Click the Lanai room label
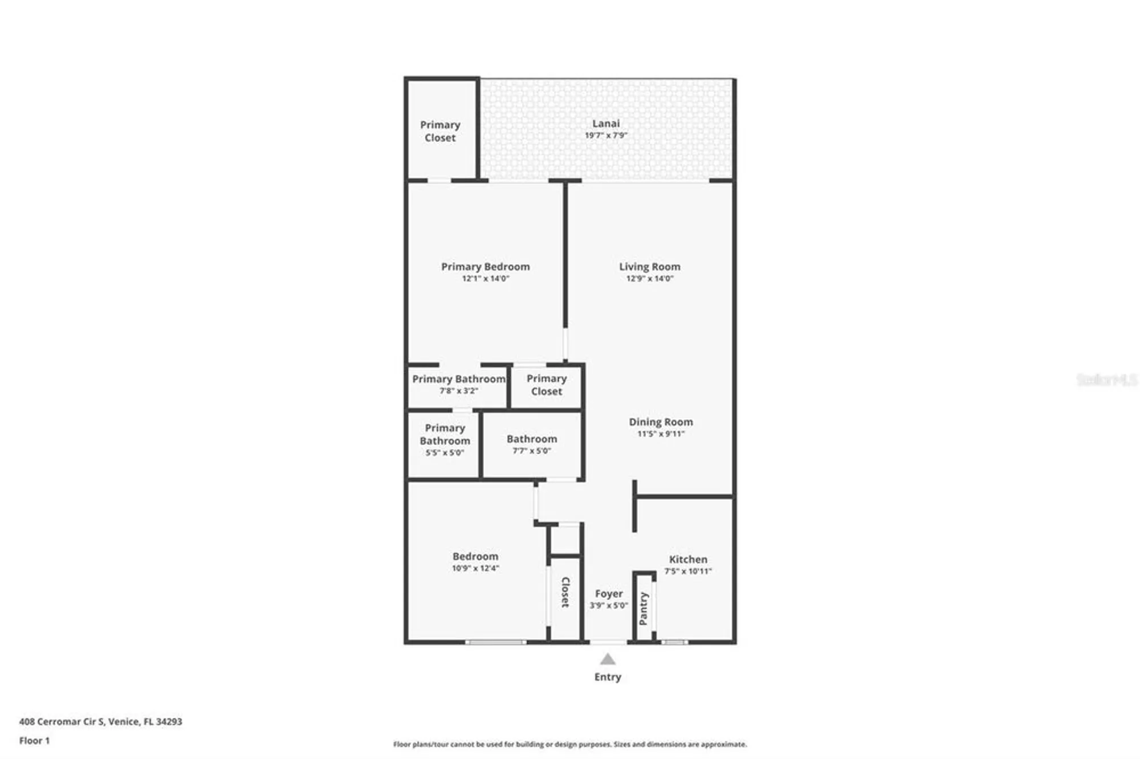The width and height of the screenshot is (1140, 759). pyautogui.click(x=606, y=123)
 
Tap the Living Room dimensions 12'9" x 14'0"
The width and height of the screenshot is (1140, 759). pyautogui.click(x=650, y=279)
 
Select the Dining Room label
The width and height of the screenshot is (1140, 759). pyautogui.click(x=661, y=422)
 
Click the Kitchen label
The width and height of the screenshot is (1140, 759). pyautogui.click(x=688, y=559)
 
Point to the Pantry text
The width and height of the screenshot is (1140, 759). pyautogui.click(x=644, y=609)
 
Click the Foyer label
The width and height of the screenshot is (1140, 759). pyautogui.click(x=609, y=593)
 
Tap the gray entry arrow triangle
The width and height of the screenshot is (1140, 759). pyautogui.click(x=608, y=660)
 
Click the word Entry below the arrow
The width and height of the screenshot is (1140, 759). pyautogui.click(x=608, y=677)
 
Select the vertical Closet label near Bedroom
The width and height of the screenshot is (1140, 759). pyautogui.click(x=565, y=593)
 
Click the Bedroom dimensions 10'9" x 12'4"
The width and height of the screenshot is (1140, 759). pyautogui.click(x=475, y=568)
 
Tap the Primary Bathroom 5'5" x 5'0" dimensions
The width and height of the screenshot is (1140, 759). pyautogui.click(x=445, y=453)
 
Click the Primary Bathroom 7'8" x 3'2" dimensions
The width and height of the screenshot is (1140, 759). pyautogui.click(x=458, y=391)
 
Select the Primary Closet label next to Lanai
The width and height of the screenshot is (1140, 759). pyautogui.click(x=440, y=131)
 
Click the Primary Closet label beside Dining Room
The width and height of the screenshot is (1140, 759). pyautogui.click(x=546, y=385)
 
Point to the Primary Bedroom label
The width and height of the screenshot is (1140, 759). pyautogui.click(x=485, y=266)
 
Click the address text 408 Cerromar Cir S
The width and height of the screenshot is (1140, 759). pyautogui.click(x=100, y=721)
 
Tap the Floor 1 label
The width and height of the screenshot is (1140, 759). pyautogui.click(x=34, y=741)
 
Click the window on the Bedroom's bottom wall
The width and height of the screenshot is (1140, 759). pyautogui.click(x=495, y=642)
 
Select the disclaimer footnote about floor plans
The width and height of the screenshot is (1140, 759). pyautogui.click(x=569, y=744)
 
